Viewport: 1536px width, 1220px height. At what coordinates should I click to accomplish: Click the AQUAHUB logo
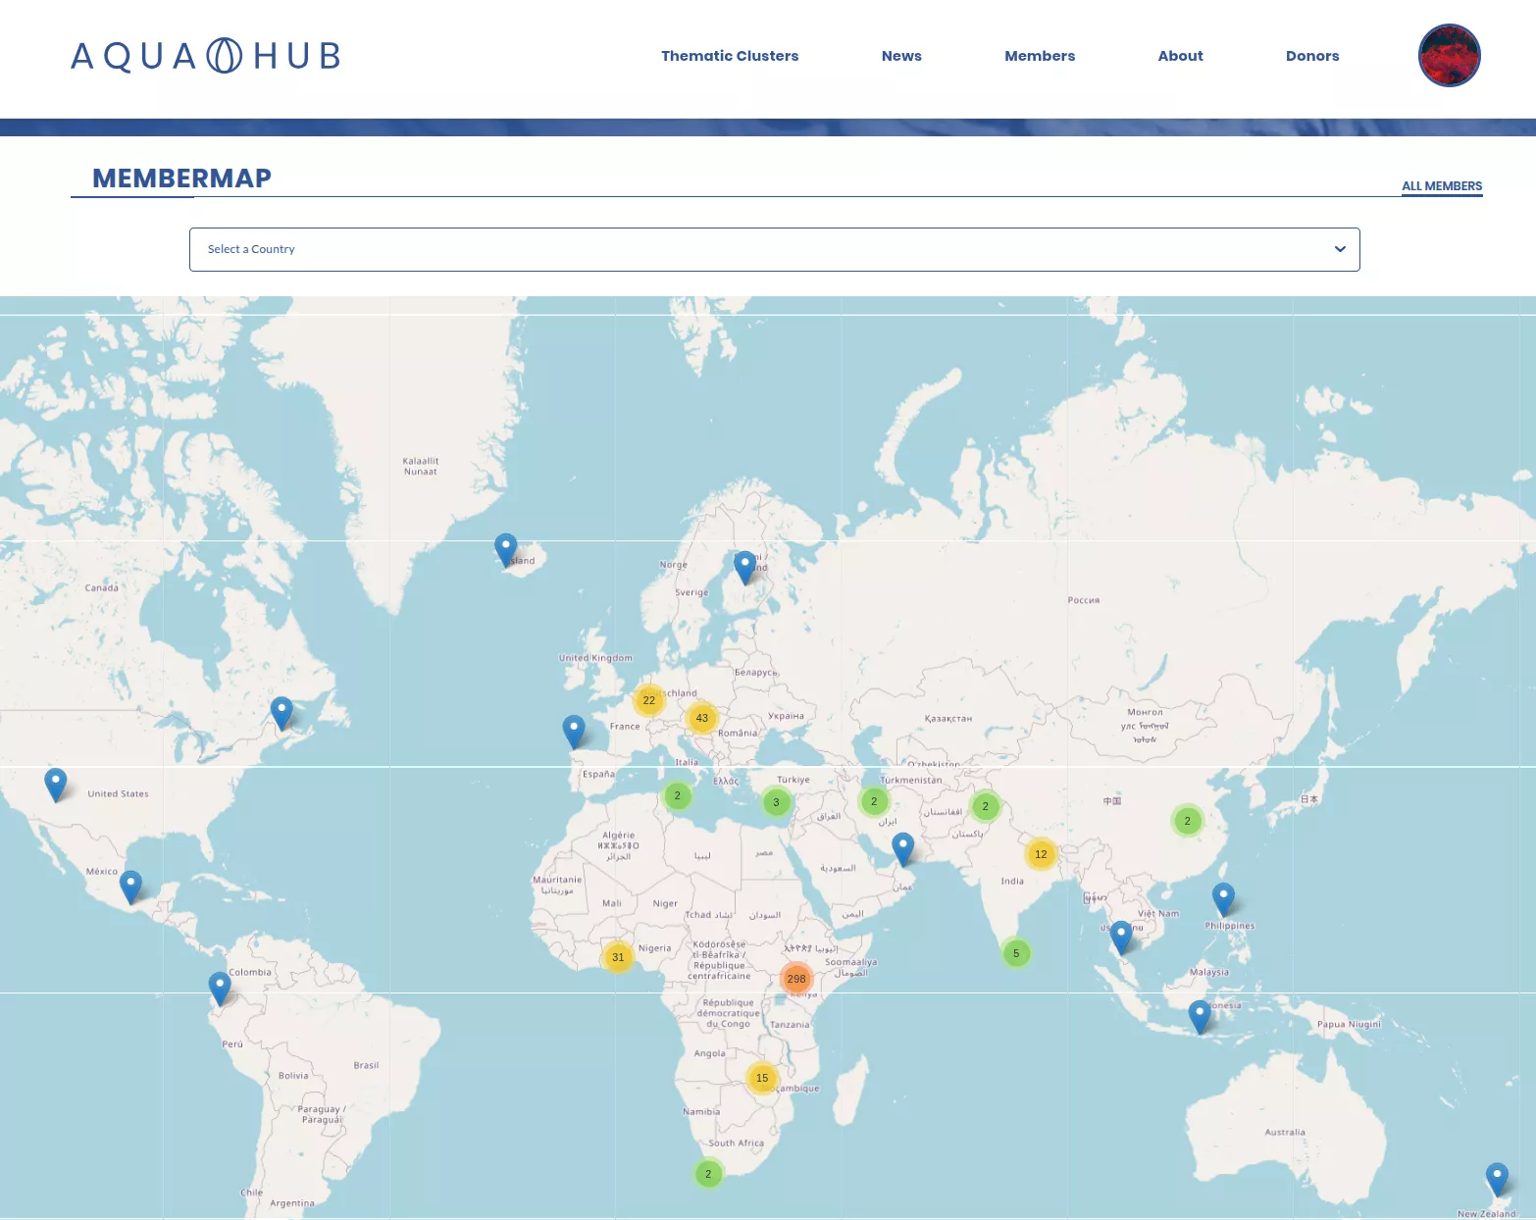[206, 56]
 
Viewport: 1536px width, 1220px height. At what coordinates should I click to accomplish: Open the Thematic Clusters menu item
[730, 56]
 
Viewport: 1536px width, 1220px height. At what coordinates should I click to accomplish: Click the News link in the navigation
[901, 56]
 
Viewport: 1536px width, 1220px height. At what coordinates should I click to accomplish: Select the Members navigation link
[1040, 56]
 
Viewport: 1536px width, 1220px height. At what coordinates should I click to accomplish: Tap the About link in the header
[1180, 56]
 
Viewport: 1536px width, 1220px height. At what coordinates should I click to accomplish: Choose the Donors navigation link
[1312, 56]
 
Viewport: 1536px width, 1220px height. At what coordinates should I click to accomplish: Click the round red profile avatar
[1449, 56]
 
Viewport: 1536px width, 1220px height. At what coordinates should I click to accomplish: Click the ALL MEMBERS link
[1442, 186]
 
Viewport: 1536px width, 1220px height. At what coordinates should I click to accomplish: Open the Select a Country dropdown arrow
[1340, 249]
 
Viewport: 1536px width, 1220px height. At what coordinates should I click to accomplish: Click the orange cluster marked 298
[796, 979]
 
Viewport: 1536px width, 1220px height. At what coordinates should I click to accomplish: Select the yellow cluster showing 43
[702, 718]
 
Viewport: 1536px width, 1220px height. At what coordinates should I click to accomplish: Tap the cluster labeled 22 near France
[649, 700]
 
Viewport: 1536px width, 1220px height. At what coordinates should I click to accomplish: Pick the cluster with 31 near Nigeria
[618, 957]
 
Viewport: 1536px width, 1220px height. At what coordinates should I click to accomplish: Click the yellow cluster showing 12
[1041, 854]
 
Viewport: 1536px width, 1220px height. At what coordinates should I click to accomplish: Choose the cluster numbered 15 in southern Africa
[762, 1078]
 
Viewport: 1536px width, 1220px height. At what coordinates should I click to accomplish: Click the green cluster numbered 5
[1016, 953]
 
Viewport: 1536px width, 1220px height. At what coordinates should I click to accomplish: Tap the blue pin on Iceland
[505, 549]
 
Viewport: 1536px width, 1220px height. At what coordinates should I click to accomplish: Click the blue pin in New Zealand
[1497, 1178]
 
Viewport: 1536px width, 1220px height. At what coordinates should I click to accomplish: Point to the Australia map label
[1285, 1132]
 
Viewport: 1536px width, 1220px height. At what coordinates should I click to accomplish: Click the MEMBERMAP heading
[181, 178]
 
